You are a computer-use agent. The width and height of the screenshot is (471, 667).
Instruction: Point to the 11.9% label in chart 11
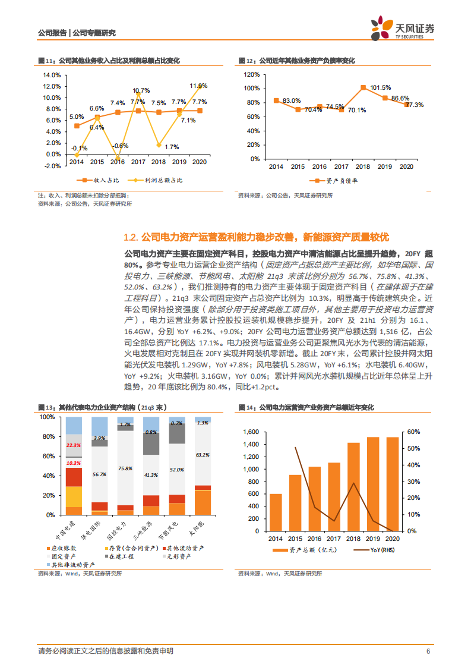198,86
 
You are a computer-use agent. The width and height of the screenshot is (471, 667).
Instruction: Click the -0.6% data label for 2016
121,146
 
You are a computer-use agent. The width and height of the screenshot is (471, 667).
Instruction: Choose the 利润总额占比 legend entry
159,180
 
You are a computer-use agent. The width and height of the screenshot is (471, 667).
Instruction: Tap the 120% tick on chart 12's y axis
251,75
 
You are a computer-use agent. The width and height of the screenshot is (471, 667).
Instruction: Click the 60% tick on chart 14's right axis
412,432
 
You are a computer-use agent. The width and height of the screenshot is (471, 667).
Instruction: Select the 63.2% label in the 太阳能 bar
203,455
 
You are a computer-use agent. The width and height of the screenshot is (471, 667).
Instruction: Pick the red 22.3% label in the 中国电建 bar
74,445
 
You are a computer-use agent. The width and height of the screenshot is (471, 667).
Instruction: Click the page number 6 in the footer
428,652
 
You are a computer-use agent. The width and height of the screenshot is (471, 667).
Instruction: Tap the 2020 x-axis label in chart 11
198,162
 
